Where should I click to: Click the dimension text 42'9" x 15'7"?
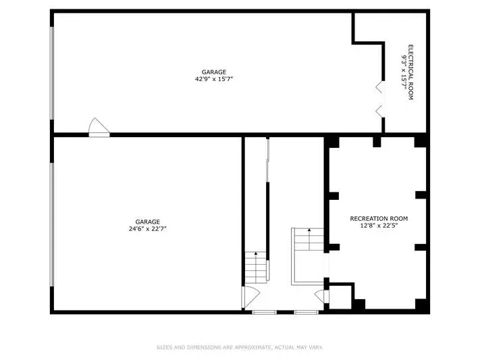214,79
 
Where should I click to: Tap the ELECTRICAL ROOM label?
411,72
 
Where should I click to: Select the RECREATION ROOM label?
379,219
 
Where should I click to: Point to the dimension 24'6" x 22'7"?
148,228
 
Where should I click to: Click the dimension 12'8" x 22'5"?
379,226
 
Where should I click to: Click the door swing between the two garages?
99,128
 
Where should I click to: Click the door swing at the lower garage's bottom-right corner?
250,297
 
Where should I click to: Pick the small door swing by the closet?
321,296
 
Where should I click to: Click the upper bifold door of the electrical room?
379,86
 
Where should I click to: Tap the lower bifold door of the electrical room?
379,111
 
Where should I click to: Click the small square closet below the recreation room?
340,297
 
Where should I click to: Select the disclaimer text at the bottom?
240,347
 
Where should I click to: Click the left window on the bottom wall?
264,312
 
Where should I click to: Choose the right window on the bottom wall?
306,312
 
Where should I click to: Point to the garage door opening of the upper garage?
52,73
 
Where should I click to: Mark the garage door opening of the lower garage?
52,225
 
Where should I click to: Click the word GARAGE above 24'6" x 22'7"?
148,222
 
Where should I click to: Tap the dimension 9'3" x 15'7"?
404,72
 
